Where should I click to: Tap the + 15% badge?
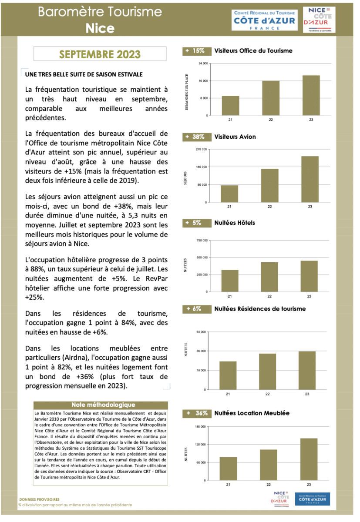point(195,51)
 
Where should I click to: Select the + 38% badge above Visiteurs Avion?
point(195,137)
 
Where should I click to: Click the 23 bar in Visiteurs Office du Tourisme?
point(311,95)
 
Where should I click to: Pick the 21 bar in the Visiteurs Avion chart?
point(229,194)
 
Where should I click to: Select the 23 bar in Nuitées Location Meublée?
point(309,459)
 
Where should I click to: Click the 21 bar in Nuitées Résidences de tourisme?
point(228,375)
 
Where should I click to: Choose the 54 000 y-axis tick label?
point(202,331)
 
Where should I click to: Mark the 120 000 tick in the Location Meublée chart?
point(201,445)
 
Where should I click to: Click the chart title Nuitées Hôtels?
point(235,223)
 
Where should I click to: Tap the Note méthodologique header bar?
point(100,405)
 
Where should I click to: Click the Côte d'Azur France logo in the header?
point(264,20)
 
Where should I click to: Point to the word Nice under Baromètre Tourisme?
point(100,28)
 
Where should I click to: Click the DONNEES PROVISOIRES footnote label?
point(40,499)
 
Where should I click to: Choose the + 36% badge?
point(195,413)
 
